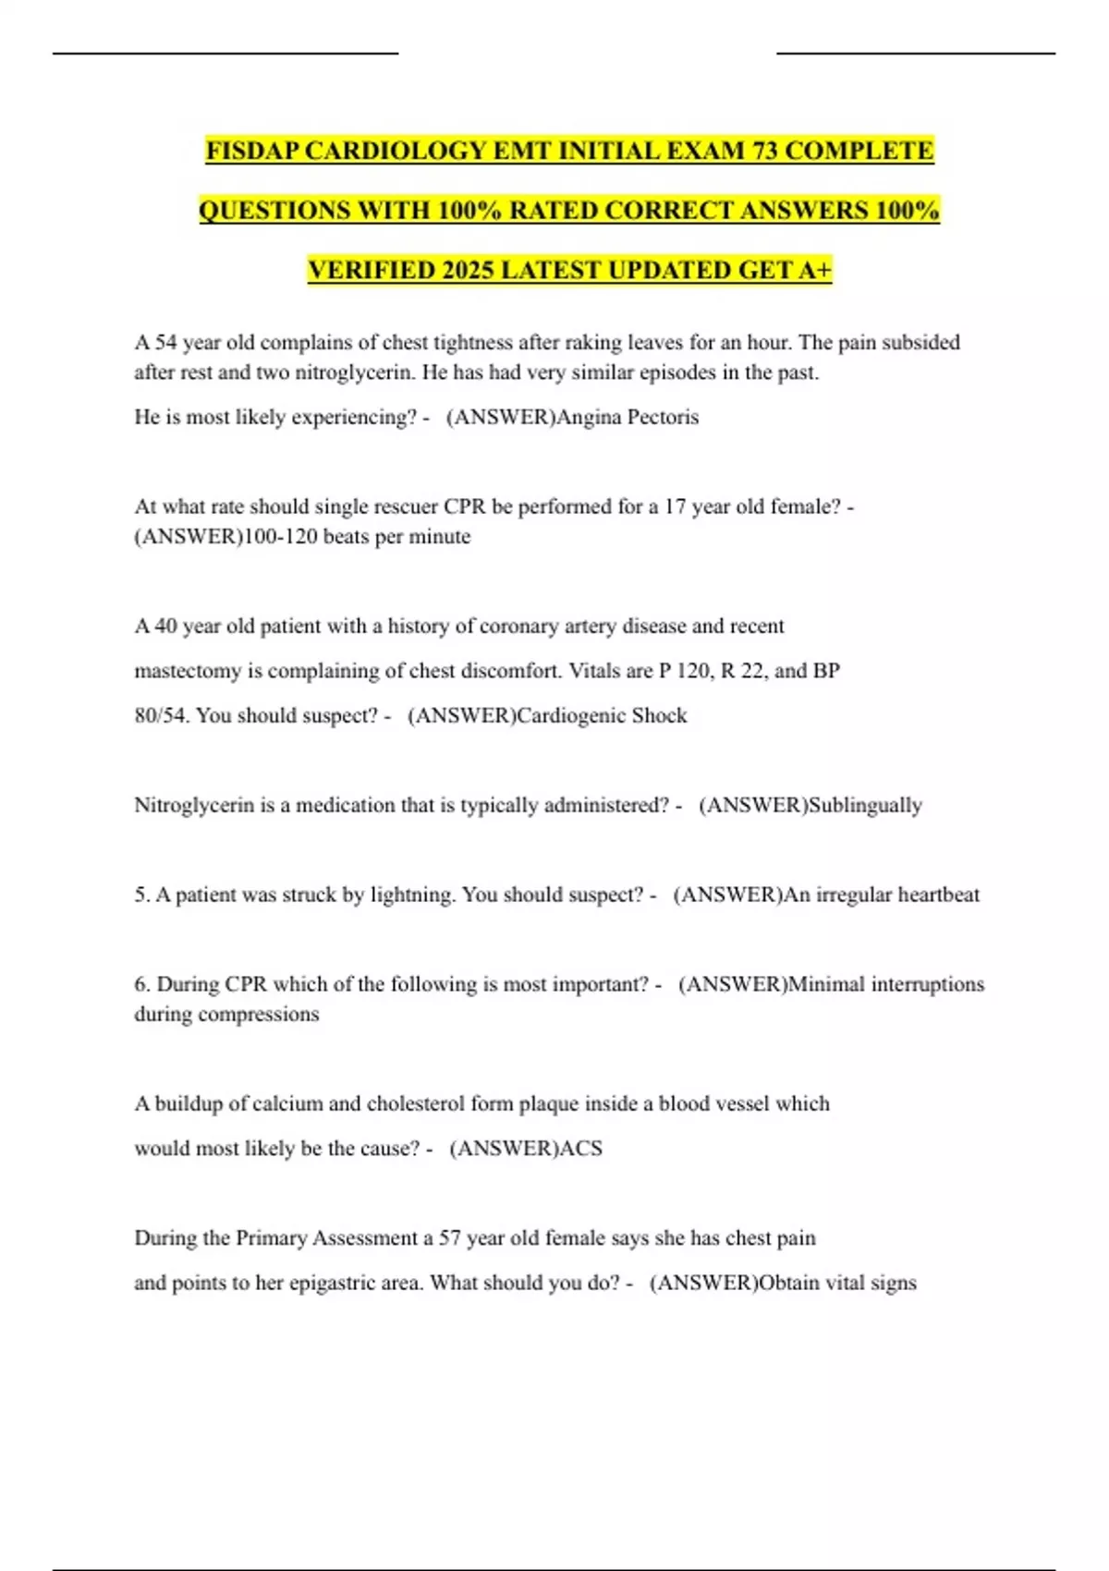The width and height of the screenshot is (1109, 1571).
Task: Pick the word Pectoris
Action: coord(663,417)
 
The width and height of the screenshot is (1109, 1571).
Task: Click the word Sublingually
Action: coord(865,805)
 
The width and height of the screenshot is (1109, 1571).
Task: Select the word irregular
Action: coord(853,895)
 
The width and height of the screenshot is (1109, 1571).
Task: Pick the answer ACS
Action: coord(581,1148)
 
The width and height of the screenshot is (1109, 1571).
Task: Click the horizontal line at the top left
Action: coord(225,54)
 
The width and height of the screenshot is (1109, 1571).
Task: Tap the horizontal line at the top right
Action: coord(915,54)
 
